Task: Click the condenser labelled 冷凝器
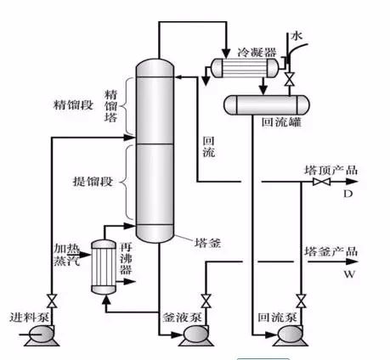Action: (245, 68)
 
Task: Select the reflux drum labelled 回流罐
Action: (267, 105)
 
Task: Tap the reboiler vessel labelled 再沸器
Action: (104, 267)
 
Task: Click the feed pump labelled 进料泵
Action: (42, 336)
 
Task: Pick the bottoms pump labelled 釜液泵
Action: (196, 336)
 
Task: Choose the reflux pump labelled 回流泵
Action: (291, 336)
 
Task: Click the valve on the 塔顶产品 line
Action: (321, 182)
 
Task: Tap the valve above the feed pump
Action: (52, 301)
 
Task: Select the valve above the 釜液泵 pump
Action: (206, 301)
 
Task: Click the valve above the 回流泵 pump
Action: (301, 301)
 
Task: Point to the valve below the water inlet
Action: (289, 80)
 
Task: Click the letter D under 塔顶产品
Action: (348, 194)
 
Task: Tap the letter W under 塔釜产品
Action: (349, 274)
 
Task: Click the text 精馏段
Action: (73, 105)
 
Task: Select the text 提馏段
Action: (93, 182)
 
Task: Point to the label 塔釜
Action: (207, 243)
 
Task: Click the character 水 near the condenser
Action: (297, 36)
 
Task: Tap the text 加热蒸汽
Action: (67, 255)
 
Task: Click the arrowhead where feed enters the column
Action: (129, 138)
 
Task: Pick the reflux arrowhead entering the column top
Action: (179, 76)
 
